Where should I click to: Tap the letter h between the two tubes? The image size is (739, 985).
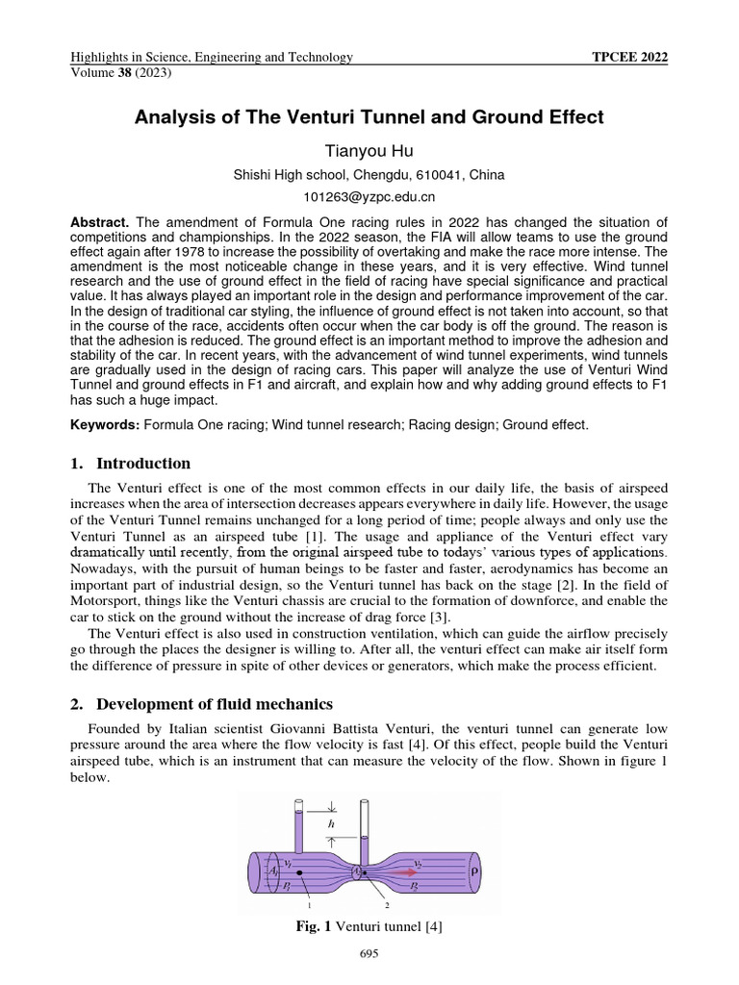coord(332,823)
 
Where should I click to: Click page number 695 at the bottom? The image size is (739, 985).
coord(369,954)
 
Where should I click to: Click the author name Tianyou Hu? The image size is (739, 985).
coord(369,150)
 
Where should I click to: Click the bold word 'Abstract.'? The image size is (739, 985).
coord(103,220)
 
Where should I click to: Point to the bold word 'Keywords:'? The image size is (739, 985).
coord(105,423)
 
